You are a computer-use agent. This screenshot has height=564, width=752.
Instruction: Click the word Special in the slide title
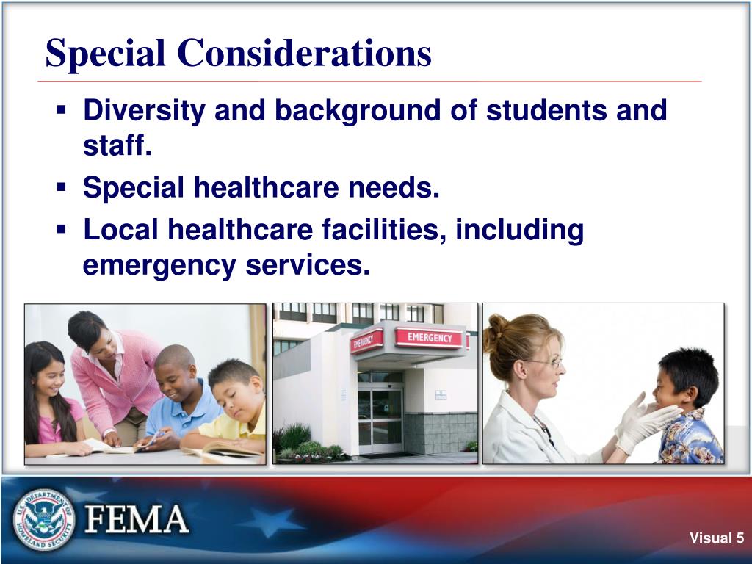pos(104,54)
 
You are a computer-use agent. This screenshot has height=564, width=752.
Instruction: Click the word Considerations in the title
pos(303,54)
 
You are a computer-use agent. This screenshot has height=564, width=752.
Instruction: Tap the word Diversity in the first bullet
pos(144,111)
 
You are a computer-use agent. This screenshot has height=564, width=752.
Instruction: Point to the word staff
pos(117,146)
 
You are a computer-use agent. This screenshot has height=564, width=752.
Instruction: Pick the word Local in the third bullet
pos(120,230)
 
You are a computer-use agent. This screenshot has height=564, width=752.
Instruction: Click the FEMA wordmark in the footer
pos(137,520)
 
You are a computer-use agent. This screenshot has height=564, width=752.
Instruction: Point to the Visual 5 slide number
pos(716,538)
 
